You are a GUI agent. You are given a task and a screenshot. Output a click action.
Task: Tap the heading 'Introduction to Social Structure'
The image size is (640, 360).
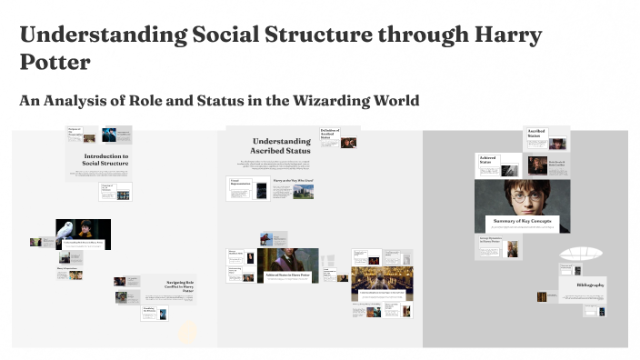[x=105, y=161]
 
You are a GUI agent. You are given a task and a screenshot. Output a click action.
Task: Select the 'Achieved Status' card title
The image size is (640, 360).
[x=490, y=162]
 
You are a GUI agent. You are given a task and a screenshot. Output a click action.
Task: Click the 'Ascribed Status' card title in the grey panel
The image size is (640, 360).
[x=536, y=135]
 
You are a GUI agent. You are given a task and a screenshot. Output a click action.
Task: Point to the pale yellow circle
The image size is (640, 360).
[x=188, y=331]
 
